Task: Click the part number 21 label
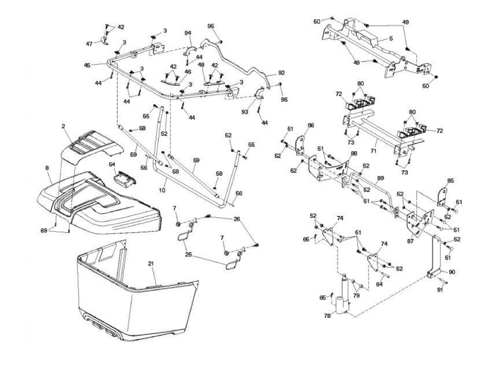(151, 264)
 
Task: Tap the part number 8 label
(47, 168)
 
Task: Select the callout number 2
(63, 126)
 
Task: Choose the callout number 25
(188, 255)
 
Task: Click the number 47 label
(89, 44)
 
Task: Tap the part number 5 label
(391, 39)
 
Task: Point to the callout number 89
(381, 178)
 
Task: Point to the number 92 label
(281, 73)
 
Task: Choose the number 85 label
(450, 181)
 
